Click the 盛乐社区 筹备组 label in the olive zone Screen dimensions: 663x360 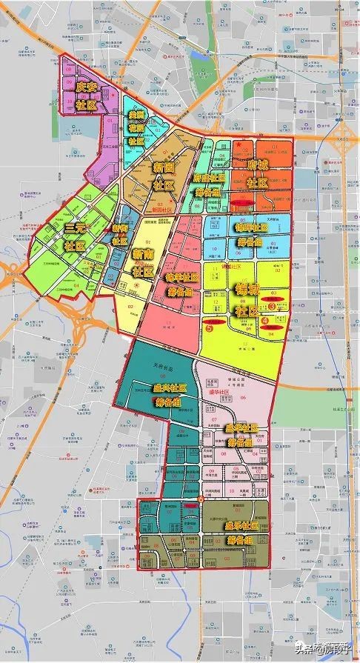(x=244, y=532)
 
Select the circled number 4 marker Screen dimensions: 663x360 (x=287, y=319)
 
